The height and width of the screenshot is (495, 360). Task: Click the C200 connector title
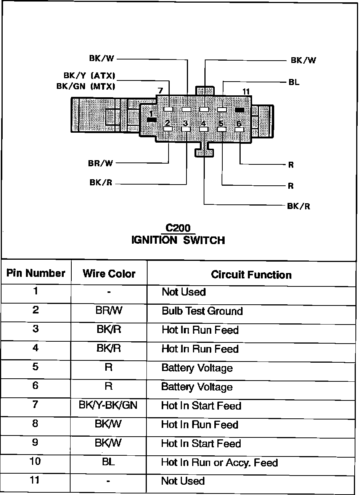(178, 228)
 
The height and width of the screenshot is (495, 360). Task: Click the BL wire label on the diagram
(294, 82)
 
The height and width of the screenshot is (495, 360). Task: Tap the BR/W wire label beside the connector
(101, 163)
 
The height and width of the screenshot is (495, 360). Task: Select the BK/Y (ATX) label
(90, 76)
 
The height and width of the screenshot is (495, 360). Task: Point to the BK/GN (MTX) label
(86, 86)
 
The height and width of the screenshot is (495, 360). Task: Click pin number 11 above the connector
(246, 92)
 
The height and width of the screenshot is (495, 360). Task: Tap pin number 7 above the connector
(160, 91)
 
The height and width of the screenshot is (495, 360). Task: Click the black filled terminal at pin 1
(151, 120)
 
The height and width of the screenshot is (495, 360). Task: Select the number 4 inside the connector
(203, 124)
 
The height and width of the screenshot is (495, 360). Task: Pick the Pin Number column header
(36, 273)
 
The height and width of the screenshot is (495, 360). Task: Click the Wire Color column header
(109, 274)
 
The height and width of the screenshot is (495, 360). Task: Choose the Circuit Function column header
(251, 275)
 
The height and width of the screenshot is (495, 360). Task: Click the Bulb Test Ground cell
(202, 311)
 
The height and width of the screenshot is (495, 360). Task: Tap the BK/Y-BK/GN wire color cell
(108, 405)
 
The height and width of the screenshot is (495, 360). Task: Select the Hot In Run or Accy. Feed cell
(219, 463)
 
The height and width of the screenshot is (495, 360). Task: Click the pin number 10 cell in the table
(35, 461)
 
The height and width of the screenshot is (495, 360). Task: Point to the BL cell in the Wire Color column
(108, 462)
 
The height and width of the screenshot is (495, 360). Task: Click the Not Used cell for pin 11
(183, 481)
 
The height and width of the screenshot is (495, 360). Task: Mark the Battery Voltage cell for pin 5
(197, 368)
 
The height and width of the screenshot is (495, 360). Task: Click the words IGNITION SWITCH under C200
(178, 240)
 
